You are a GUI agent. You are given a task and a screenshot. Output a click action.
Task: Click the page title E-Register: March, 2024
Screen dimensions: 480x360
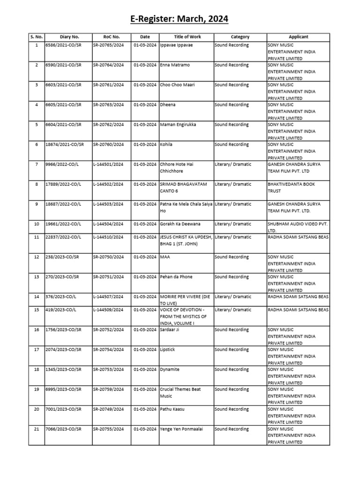[x=180, y=19]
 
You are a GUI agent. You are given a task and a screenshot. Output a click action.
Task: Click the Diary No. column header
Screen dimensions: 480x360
[x=69, y=37]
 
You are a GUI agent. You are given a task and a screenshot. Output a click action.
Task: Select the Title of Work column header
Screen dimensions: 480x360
[x=187, y=37]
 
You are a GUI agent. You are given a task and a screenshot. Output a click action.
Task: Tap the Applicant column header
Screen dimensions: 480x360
[x=298, y=37]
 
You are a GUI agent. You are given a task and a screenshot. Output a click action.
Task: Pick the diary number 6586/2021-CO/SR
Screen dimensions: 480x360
[x=63, y=45]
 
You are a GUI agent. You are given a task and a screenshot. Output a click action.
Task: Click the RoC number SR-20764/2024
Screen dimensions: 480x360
[x=108, y=65]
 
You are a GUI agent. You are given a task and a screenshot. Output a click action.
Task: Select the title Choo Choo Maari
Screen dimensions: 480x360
[x=178, y=85]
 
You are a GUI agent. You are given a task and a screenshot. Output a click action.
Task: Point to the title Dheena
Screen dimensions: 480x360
[x=168, y=105]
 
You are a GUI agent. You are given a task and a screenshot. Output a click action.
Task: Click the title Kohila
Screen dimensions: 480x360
[x=166, y=144]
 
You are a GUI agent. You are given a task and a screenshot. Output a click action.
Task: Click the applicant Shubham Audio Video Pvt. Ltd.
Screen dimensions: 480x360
[x=297, y=227]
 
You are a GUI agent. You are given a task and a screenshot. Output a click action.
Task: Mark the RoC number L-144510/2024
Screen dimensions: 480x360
[x=108, y=237]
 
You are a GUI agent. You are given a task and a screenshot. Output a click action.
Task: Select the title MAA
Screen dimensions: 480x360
[x=165, y=257]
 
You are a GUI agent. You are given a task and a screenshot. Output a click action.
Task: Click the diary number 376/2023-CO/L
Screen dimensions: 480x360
[x=61, y=297]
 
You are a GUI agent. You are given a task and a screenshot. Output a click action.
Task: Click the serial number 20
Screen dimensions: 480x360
[x=36, y=409]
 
